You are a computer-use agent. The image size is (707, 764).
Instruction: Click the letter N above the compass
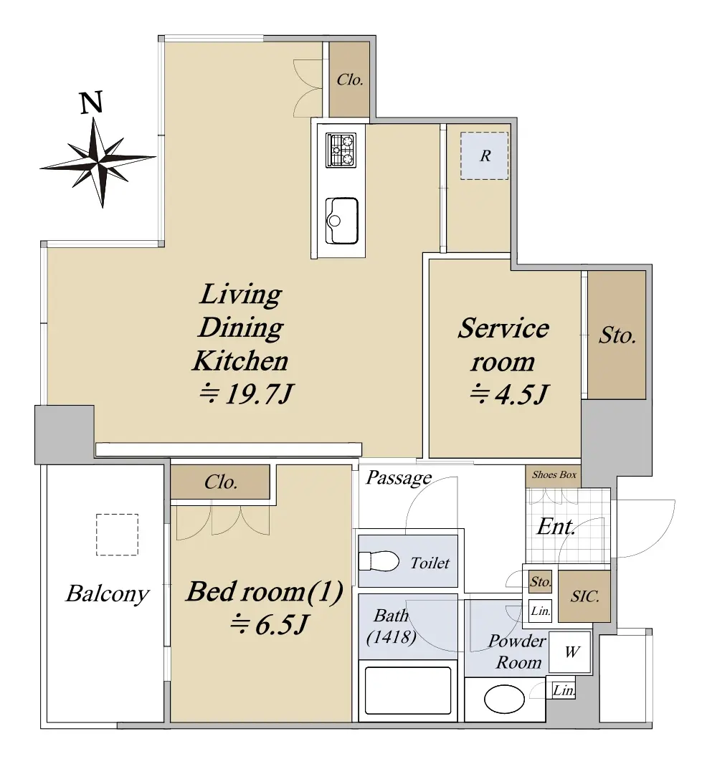(92, 102)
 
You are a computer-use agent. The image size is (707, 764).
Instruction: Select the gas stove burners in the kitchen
(341, 150)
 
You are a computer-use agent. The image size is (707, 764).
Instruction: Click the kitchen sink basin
(341, 220)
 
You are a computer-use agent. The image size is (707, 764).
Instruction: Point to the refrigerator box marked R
(485, 156)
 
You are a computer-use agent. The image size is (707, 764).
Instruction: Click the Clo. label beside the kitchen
(350, 80)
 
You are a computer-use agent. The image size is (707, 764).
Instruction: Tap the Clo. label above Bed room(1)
(221, 482)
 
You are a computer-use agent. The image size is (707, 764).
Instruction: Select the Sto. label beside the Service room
(617, 335)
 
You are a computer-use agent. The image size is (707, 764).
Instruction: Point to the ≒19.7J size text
(247, 393)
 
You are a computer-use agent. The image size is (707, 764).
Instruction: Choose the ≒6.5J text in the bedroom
(269, 624)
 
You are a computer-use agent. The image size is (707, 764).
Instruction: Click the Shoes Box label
(554, 474)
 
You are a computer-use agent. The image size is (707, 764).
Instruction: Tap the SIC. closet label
(584, 596)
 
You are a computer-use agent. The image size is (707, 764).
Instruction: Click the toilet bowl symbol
(379, 561)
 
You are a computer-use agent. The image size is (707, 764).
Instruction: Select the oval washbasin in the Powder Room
(504, 699)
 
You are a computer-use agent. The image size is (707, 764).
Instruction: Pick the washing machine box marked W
(570, 651)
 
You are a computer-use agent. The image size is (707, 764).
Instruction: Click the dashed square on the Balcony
(117, 535)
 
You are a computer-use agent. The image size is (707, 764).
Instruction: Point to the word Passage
(399, 477)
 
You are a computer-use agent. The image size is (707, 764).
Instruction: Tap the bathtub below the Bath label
(407, 690)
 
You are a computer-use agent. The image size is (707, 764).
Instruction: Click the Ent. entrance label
(556, 527)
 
